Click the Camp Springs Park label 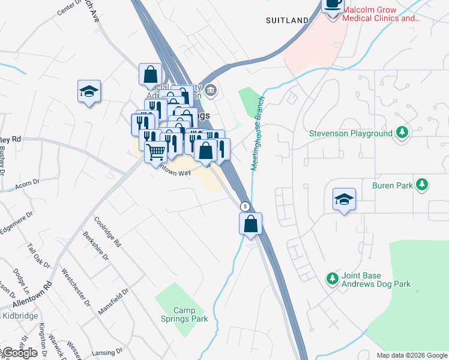tap(190, 314)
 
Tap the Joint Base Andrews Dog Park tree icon tap(332, 278)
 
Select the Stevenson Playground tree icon tap(402, 133)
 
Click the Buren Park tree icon tap(423, 185)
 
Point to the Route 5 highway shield tap(245, 206)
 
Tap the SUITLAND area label tap(288, 20)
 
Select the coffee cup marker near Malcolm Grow tap(333, 5)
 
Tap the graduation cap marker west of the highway tap(89, 92)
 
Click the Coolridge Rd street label tap(107, 231)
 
